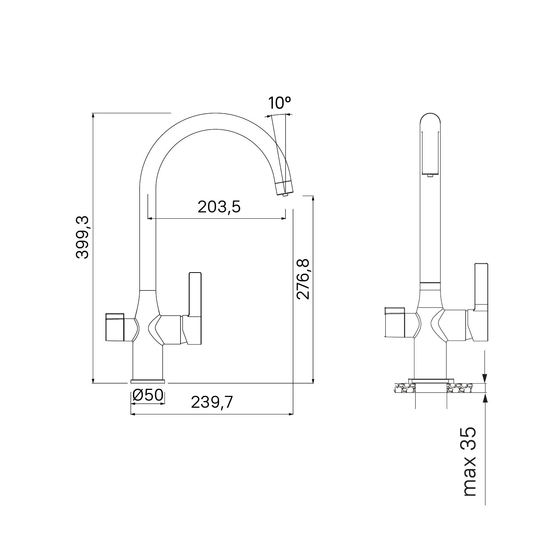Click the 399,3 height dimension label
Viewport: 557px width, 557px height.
pos(82,238)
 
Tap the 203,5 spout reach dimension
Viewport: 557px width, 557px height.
pos(219,207)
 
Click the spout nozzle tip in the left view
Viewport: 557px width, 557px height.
pos(285,193)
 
